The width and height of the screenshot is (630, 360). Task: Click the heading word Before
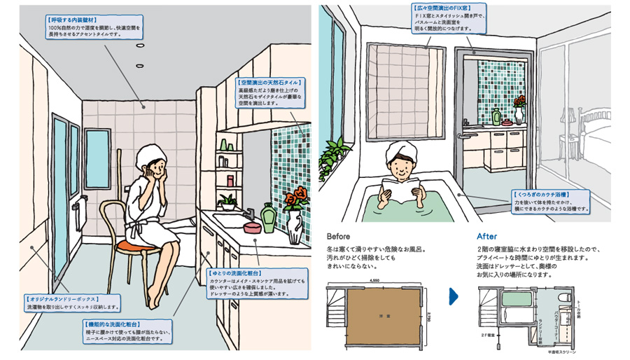(339, 237)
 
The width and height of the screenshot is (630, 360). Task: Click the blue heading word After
(487, 237)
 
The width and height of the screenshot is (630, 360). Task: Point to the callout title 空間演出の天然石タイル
(272, 82)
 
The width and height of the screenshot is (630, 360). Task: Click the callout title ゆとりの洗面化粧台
(236, 272)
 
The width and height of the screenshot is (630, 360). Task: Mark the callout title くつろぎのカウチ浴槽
(542, 192)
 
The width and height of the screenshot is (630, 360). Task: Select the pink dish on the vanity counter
(250, 227)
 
